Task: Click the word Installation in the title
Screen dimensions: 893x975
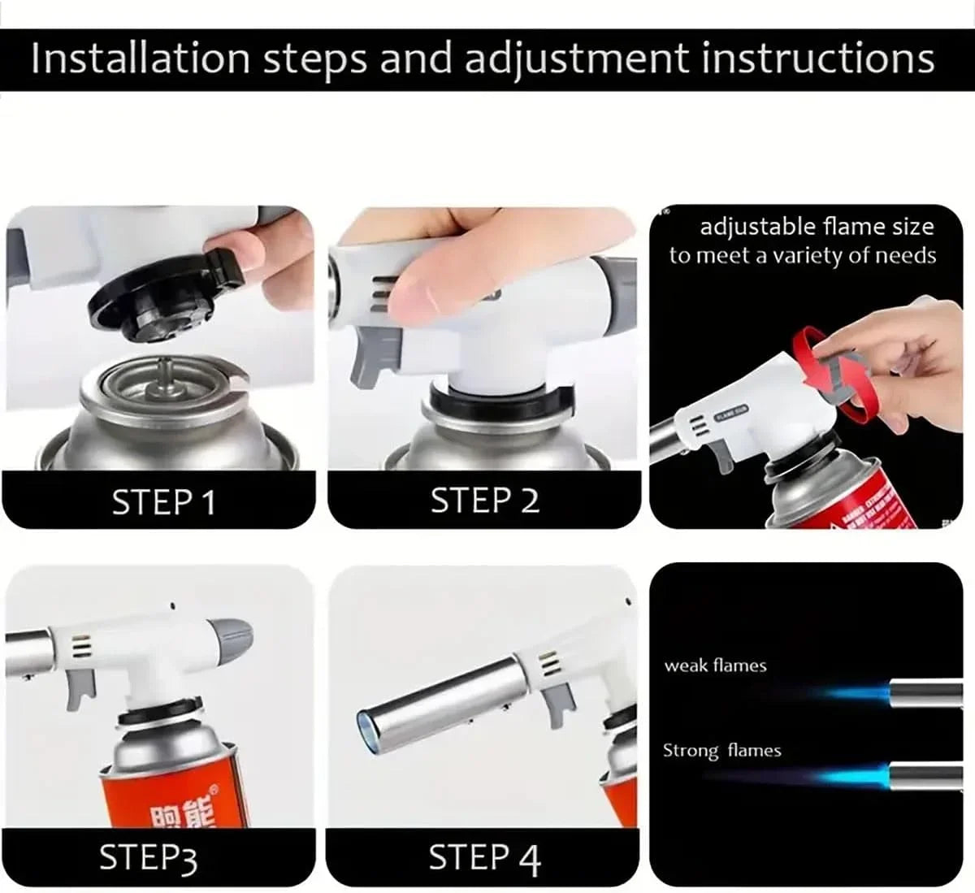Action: (140, 59)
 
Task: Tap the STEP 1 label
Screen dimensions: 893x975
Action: (164, 502)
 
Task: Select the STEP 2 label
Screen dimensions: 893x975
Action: (484, 501)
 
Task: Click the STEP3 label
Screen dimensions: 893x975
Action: (148, 858)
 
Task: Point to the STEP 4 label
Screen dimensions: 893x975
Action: (484, 858)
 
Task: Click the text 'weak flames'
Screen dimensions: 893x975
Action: (715, 665)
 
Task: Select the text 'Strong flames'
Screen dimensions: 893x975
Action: (721, 750)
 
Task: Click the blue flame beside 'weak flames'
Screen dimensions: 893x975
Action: (853, 693)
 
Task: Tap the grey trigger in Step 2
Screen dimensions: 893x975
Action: (370, 366)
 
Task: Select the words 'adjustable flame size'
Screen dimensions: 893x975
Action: (817, 226)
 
